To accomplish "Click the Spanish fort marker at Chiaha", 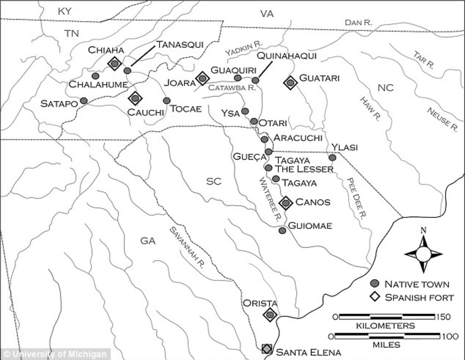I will [x=114, y=63].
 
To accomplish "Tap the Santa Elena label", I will [x=308, y=352].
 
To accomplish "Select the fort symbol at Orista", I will [x=270, y=315].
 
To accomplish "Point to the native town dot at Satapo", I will [x=84, y=101].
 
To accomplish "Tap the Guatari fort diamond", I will [x=290, y=82].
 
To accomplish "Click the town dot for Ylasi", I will [x=332, y=158].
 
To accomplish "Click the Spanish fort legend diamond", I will [x=374, y=297].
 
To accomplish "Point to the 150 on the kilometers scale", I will [x=443, y=317].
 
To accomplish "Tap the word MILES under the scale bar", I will [x=386, y=344].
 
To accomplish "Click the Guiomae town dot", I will [x=282, y=231].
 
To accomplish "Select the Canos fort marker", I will [x=286, y=202].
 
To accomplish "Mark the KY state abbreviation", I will [x=65, y=12].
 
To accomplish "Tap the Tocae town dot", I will [x=167, y=101].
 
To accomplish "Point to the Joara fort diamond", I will [x=202, y=78].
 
